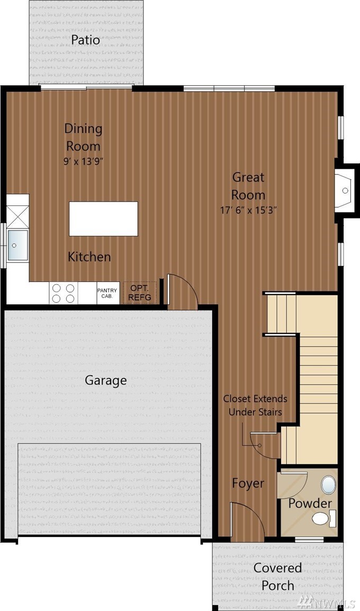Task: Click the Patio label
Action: coord(85,40)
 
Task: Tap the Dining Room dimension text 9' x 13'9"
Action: coord(83,161)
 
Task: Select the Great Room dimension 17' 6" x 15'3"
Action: coord(248,211)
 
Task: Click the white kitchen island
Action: coord(103,218)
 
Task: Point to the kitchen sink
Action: coord(17,245)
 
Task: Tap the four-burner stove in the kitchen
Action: coord(63,293)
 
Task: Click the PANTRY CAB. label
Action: coord(107,293)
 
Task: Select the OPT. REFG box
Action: coord(140,292)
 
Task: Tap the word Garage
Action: coord(106,380)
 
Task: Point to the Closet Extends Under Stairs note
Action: coord(255,405)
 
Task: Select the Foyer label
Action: coord(248,483)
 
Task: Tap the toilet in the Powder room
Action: coord(323,518)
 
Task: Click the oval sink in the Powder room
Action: coord(329,485)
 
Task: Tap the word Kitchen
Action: coord(89,257)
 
